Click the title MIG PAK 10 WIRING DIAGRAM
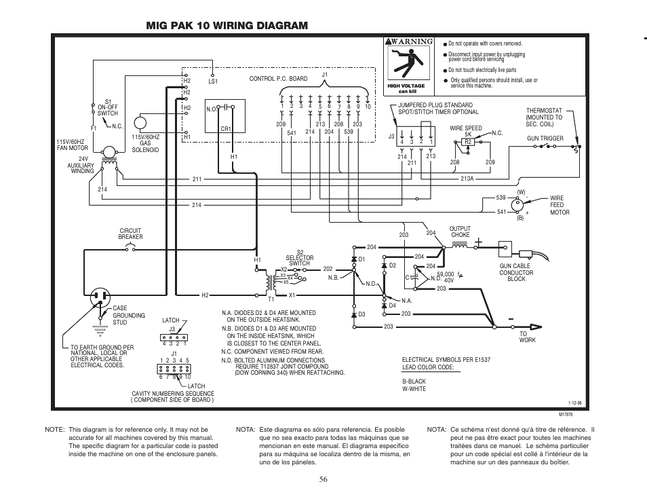pyautogui.click(x=227, y=25)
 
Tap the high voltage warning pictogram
pyautogui.click(x=406, y=64)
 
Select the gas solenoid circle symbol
pyautogui.click(x=140, y=123)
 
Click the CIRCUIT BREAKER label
pyautogui.click(x=131, y=234)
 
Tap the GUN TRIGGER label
pyautogui.click(x=545, y=138)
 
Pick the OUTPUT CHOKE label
pyautogui.click(x=460, y=231)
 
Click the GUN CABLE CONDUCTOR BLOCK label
pyautogui.click(x=516, y=273)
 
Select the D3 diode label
pyautogui.click(x=362, y=314)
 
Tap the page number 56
pyautogui.click(x=323, y=479)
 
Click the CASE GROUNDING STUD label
pyautogui.click(x=128, y=315)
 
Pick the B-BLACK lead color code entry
pyautogui.click(x=414, y=382)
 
